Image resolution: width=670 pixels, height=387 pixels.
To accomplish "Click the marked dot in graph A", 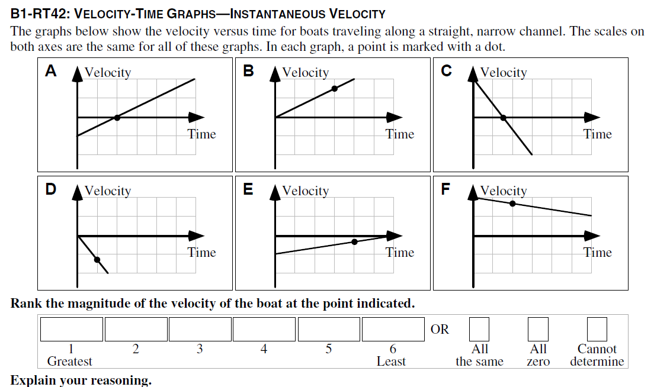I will coord(117,118).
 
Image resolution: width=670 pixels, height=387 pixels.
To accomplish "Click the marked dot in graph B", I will coord(334,88).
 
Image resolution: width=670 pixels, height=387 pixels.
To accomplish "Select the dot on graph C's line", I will coord(504,118).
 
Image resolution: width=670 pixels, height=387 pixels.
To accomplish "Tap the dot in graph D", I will coord(97,259).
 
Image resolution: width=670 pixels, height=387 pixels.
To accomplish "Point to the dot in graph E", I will coord(354,241).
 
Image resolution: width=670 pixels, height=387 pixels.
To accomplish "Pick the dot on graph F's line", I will coord(512,204).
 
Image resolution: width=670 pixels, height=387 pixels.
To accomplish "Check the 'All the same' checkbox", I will coord(479,329).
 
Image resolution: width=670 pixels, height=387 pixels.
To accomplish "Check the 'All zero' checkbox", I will coord(538,329).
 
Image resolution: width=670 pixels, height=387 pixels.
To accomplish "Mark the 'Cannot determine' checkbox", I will coord(597,329).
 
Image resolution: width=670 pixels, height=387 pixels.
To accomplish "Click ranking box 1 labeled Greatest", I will coord(72,329).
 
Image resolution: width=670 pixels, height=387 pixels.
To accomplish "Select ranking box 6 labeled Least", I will coord(393,329).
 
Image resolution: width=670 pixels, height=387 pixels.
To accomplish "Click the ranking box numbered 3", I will coord(200,329).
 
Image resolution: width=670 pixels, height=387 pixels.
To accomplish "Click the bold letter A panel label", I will coord(52,71).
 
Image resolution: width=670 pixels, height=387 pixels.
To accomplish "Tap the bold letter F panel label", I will coord(445,189).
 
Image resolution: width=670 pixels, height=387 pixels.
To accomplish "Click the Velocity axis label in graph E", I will coord(305,191).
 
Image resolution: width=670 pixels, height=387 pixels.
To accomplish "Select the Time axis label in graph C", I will coord(597,134).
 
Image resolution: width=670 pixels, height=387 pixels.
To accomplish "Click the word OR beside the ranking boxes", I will coord(440,330).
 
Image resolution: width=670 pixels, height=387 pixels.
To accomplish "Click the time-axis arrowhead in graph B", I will coord(394,118).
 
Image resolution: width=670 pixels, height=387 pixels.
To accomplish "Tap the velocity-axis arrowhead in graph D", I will coord(77,193).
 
